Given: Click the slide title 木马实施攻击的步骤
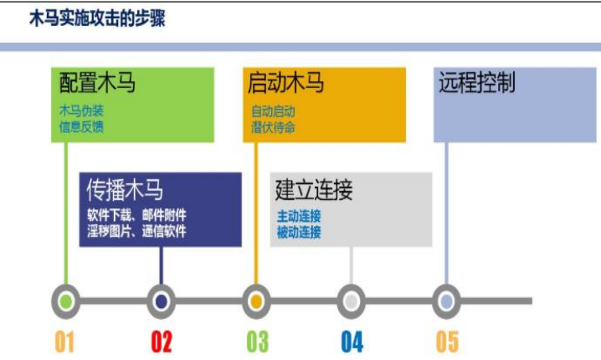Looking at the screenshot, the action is (97, 18).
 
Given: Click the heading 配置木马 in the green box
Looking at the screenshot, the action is (98, 83).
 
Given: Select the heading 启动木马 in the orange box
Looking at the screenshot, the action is (286, 83).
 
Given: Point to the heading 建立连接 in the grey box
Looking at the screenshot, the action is (314, 189).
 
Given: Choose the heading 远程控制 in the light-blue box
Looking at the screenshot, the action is (477, 83).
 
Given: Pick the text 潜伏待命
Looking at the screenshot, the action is (273, 127).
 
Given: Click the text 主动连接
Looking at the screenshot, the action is (299, 216).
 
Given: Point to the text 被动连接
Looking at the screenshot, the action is (299, 232).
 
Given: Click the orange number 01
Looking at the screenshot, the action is (65, 342).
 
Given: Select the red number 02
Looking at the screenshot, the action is (162, 342).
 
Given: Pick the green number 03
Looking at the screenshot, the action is (257, 342).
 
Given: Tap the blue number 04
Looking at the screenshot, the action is (352, 342).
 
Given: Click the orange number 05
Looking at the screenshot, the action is (448, 342).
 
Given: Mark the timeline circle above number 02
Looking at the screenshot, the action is (161, 301).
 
